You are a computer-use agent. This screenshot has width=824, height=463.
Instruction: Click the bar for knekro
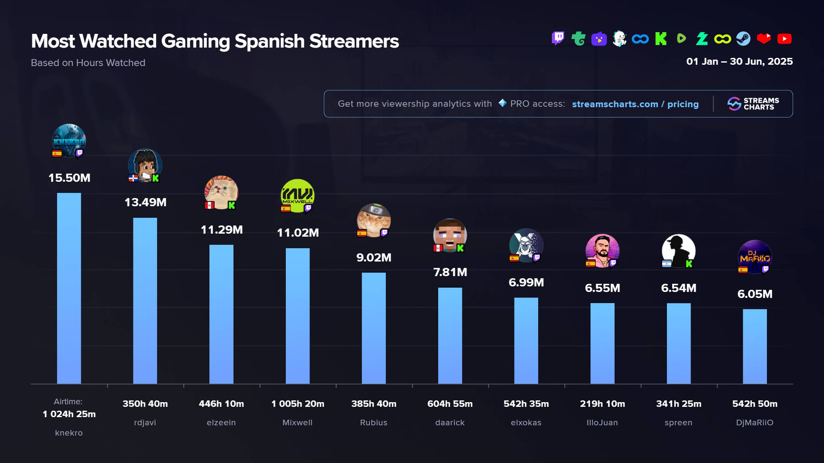(x=69, y=288)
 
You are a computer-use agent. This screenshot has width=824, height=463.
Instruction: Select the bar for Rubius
(x=373, y=328)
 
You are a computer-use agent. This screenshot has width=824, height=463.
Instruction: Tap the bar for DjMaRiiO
(x=754, y=346)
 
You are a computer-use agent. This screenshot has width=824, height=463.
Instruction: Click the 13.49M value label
(x=145, y=202)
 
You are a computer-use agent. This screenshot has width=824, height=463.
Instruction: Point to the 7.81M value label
(x=450, y=272)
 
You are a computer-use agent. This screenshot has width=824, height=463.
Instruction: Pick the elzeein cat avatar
(x=221, y=192)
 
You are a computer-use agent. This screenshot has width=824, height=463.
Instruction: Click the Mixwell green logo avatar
(x=297, y=195)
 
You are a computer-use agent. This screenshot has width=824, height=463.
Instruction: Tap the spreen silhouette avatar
(x=679, y=251)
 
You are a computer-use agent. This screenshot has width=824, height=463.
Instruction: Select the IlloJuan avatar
(x=602, y=251)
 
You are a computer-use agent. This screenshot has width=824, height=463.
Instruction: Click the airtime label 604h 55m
(x=450, y=404)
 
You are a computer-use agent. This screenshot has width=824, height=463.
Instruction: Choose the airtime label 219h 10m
(x=602, y=404)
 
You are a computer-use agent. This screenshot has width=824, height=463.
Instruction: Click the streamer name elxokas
(x=526, y=423)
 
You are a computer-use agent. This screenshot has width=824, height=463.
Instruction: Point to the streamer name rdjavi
(x=145, y=423)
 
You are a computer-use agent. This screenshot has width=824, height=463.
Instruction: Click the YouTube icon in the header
(x=784, y=39)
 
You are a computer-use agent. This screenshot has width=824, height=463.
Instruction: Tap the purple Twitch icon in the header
(x=558, y=39)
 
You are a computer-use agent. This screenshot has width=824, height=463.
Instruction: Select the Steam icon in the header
(x=743, y=39)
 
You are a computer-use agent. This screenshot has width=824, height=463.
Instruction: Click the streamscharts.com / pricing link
(x=635, y=104)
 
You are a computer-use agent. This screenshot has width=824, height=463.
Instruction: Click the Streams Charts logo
(x=753, y=104)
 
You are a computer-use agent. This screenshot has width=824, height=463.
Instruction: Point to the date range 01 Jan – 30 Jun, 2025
(x=739, y=62)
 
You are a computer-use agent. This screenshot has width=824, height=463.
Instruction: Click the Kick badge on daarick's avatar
(x=460, y=248)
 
